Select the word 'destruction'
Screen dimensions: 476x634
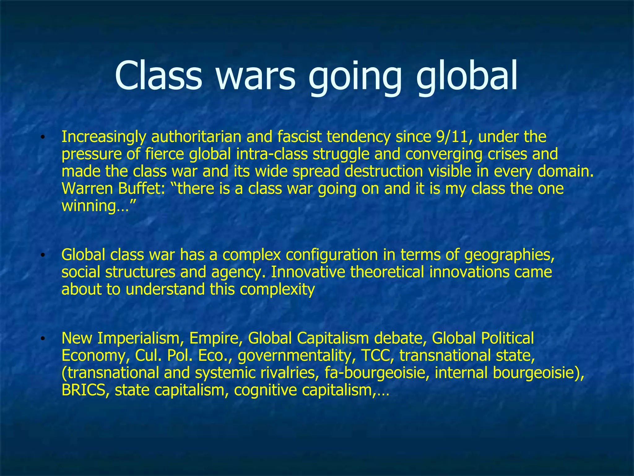coord(384,171)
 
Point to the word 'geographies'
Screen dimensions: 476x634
coord(509,255)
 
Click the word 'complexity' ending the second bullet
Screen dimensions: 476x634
coord(277,289)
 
